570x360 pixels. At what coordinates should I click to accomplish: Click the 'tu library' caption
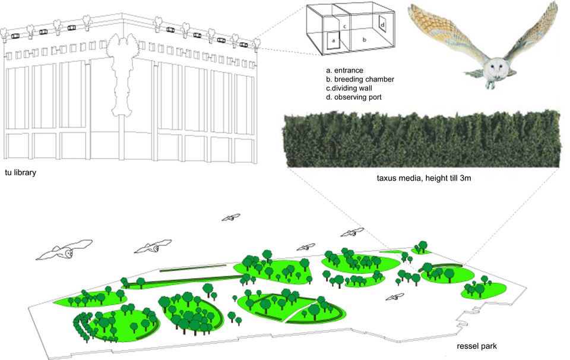21,172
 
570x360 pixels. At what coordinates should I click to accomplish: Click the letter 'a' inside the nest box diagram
334,41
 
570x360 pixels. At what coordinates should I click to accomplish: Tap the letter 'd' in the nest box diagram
383,24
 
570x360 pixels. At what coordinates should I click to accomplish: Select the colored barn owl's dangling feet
491,85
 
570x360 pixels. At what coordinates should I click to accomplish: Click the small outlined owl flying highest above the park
232,217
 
